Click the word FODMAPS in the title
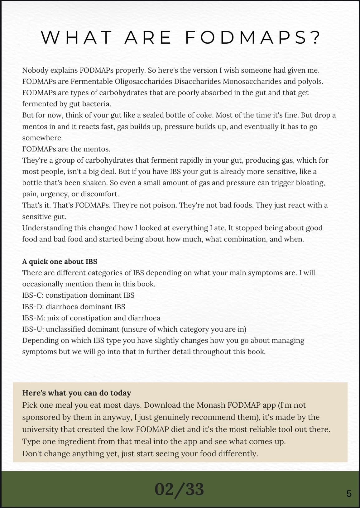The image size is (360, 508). tap(252, 37)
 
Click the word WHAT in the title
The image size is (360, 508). tap(77, 37)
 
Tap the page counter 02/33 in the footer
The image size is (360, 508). tap(179, 489)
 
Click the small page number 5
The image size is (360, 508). tap(349, 494)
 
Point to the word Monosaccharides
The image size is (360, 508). tap(252, 81)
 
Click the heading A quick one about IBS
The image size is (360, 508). tap(60, 261)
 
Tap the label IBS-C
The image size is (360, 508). tap(32, 295)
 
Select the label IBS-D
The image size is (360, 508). tap(33, 307)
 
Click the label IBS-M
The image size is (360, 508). tap(33, 318)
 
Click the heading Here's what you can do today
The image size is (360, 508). tap(77, 393)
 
